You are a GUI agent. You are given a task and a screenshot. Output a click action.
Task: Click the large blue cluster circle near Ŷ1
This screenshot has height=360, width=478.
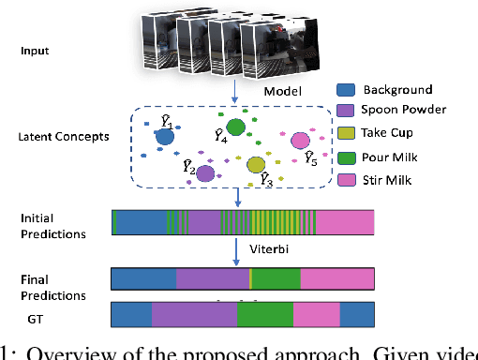tap(165, 138)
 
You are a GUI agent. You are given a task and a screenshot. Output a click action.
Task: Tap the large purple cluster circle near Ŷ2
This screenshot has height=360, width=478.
tap(205, 173)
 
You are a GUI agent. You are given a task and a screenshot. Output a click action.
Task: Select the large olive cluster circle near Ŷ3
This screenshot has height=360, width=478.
tap(256, 165)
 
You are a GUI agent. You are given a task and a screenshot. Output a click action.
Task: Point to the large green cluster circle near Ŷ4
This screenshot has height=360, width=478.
tap(236, 127)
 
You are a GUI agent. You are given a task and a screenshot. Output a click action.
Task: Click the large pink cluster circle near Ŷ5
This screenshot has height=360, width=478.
tap(301, 142)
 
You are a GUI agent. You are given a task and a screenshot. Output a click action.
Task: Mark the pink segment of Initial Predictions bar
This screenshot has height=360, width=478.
tap(345, 222)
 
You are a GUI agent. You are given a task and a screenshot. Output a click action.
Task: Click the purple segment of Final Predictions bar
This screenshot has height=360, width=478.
tap(213, 279)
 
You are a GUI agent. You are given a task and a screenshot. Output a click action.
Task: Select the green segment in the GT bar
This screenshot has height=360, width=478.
tap(265, 314)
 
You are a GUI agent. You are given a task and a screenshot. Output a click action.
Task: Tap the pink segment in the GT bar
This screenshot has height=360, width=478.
tap(317, 314)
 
